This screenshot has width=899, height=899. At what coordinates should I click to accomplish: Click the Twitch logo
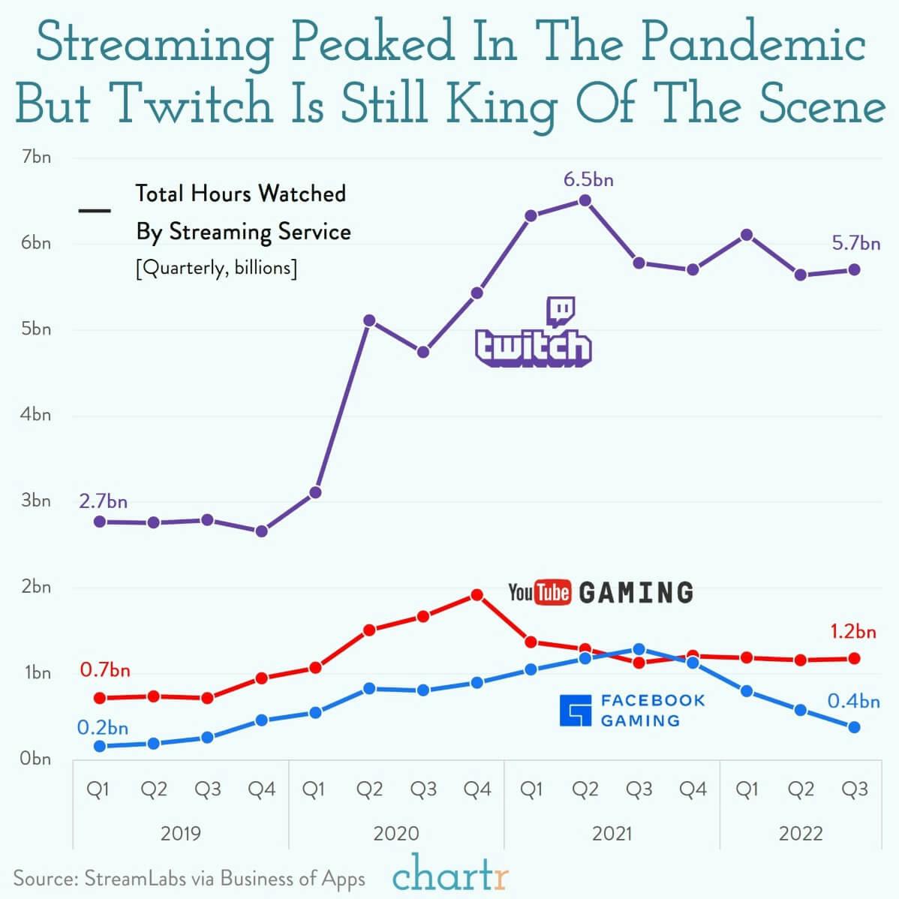(534, 334)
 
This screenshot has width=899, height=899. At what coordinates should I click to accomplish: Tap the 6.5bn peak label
(588, 179)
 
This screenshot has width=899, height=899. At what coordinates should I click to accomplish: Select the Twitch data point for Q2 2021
(585, 200)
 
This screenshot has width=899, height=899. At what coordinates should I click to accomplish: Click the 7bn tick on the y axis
(36, 157)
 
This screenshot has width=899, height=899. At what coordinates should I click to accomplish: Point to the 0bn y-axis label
(36, 759)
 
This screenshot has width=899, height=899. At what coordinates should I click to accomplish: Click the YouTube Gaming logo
(600, 592)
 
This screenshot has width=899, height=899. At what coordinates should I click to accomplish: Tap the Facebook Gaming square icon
(576, 711)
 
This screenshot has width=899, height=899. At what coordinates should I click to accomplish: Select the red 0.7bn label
(105, 669)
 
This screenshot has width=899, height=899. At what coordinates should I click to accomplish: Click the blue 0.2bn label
(103, 727)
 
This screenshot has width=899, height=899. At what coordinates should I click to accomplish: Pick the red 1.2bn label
(853, 631)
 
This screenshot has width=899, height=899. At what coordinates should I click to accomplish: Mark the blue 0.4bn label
(853, 701)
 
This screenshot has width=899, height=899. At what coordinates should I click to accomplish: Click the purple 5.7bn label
(855, 243)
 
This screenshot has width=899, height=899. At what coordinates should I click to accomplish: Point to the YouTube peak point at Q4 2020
(477, 595)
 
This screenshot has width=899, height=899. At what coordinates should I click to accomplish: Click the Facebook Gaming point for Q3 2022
(854, 727)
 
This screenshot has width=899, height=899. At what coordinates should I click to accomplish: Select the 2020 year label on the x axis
(396, 833)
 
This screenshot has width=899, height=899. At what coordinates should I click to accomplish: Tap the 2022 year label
(801, 833)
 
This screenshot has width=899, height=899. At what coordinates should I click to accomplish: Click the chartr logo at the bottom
(450, 874)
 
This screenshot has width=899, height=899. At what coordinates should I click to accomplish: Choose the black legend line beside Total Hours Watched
(95, 211)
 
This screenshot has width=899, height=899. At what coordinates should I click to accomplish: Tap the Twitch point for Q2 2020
(369, 320)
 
